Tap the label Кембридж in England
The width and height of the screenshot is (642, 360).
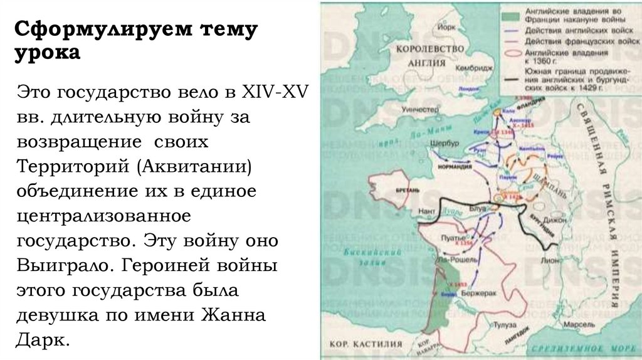[472, 68]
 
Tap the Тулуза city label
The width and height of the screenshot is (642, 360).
[503, 326]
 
